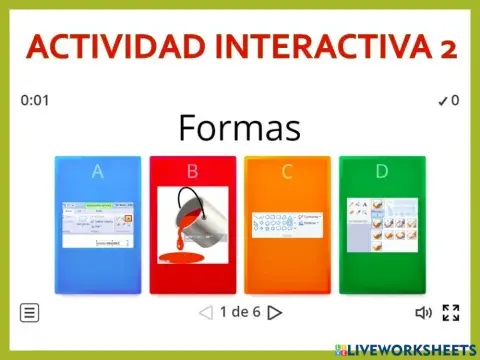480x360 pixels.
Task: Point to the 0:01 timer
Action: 35,100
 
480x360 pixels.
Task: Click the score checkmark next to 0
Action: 441,100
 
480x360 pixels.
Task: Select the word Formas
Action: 239,128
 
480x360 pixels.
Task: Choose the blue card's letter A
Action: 97,171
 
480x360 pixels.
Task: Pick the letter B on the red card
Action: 192,171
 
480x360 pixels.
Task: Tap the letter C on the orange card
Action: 287,171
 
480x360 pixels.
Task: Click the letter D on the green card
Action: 381,171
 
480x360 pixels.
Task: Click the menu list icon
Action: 30,312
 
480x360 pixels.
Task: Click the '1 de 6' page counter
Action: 240,312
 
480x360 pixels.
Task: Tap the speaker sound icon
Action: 423,312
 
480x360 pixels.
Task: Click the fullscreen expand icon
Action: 451,312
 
